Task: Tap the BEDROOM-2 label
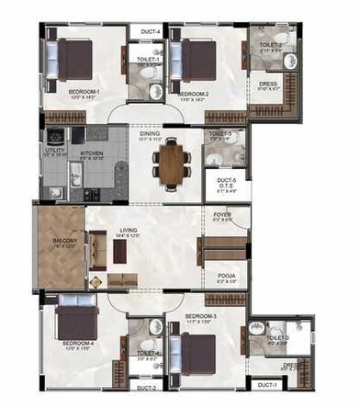(195, 94)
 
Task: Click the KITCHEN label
(93, 153)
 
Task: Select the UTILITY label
(53, 149)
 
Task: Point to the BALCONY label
(62, 242)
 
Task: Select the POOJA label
(222, 275)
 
